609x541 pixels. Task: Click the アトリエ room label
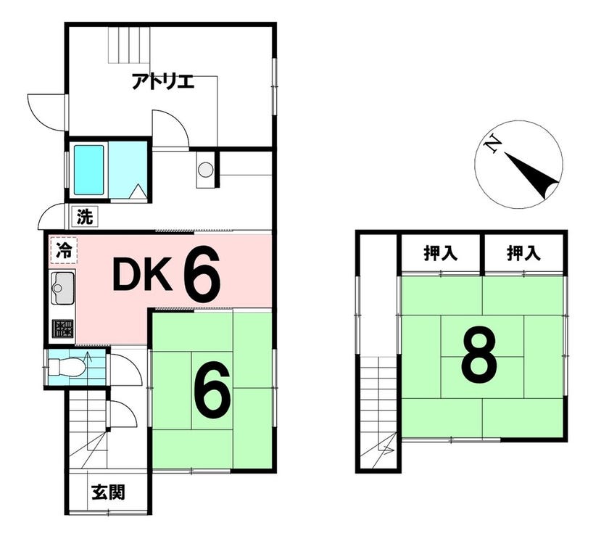coord(162,81)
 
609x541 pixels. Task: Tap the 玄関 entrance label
coord(108,493)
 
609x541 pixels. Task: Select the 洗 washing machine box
coord(85,217)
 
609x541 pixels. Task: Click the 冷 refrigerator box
coord(64,251)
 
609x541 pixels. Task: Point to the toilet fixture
coord(67,367)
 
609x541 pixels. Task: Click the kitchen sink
coord(62,288)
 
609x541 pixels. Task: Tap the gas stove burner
coord(63,329)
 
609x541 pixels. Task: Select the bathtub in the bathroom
coord(89,170)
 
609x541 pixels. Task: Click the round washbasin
coord(205,170)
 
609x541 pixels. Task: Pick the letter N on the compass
coord(493,144)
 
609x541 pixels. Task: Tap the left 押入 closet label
coord(441,254)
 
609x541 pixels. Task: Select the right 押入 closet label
coord(523,254)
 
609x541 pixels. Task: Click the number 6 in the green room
coord(212,391)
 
